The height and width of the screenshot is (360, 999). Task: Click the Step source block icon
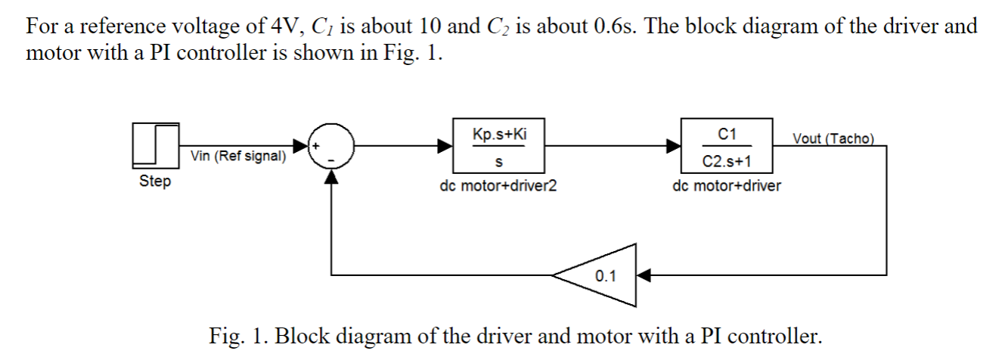click(x=156, y=145)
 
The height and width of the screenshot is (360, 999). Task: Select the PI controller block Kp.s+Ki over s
click(x=498, y=145)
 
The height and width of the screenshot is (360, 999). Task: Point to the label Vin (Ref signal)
click(x=238, y=157)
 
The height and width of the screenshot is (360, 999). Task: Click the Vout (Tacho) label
click(x=833, y=138)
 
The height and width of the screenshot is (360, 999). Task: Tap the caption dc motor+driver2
click(x=498, y=185)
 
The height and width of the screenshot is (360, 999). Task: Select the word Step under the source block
click(x=155, y=182)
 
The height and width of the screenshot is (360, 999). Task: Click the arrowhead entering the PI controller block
click(x=445, y=146)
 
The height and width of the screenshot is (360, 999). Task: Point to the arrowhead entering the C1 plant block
click(x=673, y=146)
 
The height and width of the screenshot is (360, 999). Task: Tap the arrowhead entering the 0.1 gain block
click(x=644, y=275)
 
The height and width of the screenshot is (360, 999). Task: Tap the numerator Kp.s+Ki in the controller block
click(x=499, y=134)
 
